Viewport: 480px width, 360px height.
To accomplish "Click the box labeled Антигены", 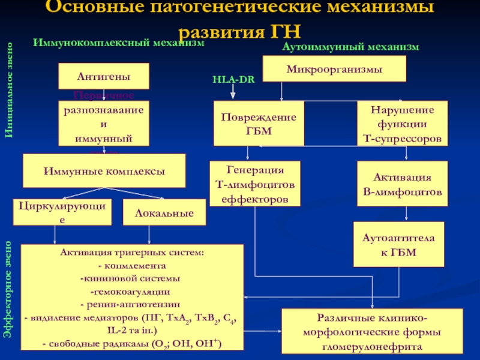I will (x=103, y=77).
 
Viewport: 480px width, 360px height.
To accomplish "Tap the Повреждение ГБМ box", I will (x=259, y=124).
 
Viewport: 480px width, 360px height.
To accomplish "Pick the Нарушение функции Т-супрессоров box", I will (x=402, y=124).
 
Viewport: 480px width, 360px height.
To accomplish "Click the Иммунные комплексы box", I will (x=104, y=171).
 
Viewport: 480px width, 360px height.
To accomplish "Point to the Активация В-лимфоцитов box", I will (x=402, y=185).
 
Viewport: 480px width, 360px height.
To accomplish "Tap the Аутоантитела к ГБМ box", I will (x=399, y=244).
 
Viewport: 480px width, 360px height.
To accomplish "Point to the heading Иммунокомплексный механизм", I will (x=118, y=43).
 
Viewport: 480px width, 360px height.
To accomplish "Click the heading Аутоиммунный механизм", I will (x=350, y=46).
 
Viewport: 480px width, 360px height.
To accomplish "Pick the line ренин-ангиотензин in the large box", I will (x=131, y=305).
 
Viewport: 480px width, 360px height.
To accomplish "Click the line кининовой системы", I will (x=131, y=278).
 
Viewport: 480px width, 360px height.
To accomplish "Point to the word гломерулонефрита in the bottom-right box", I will (x=373, y=346).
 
